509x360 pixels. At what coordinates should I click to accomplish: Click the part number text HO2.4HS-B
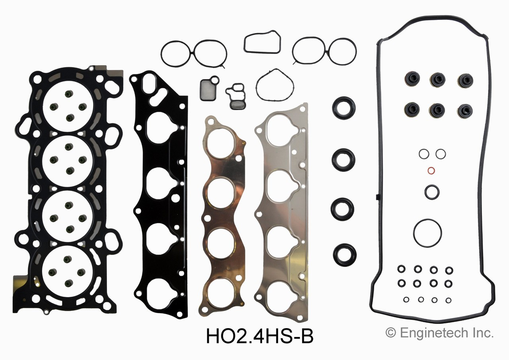pos(260,337)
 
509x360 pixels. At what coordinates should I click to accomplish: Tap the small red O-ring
pos(431,171)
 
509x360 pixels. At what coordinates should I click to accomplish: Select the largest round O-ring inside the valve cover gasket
pos(427,233)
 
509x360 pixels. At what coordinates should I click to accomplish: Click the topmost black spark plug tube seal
pos(344,108)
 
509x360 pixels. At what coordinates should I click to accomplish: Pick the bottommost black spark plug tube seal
pos(344,255)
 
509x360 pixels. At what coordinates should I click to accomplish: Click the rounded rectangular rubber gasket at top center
pos(262,42)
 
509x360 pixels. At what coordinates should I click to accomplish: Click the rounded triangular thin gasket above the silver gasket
pos(275,85)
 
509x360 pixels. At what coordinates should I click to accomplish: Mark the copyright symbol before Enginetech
pos(390,333)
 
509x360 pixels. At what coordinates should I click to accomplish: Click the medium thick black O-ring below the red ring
pos(431,192)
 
